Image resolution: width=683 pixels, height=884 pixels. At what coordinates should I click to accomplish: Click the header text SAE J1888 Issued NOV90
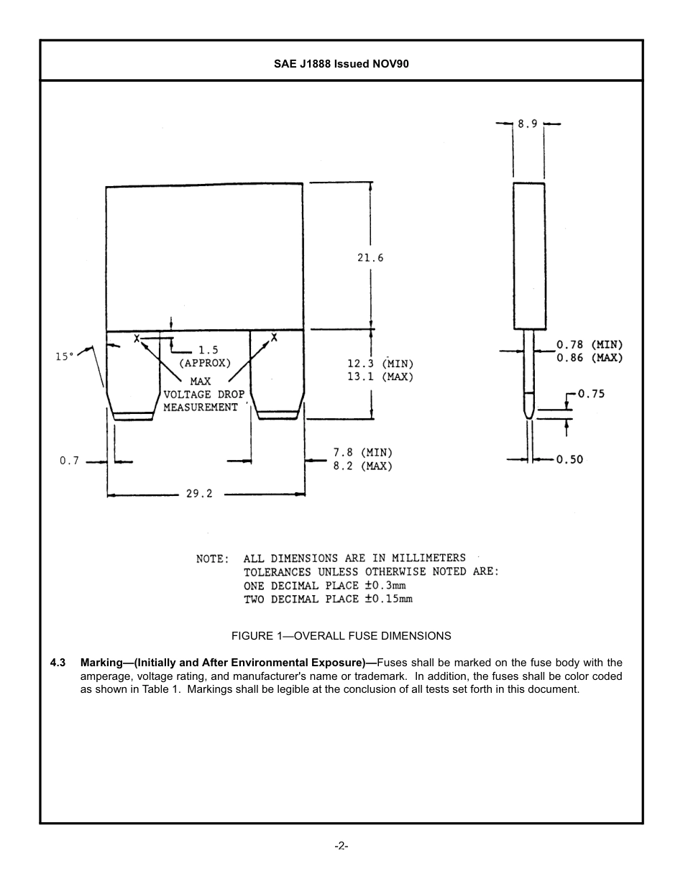(x=341, y=64)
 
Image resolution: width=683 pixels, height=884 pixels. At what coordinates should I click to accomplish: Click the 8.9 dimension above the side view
(x=528, y=124)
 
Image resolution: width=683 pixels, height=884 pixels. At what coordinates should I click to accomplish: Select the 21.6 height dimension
(x=370, y=258)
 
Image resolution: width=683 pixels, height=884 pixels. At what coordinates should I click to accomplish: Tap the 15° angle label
(x=65, y=356)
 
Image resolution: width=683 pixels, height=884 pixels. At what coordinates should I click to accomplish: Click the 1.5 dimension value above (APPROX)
(x=208, y=351)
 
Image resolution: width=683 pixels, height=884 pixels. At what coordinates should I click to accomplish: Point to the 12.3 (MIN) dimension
(x=380, y=364)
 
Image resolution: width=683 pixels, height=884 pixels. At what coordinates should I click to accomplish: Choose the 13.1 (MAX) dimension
(x=380, y=377)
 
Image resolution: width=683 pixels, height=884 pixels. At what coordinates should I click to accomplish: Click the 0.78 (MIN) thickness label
(x=590, y=345)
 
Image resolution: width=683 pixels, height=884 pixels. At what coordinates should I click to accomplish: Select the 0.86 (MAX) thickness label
(x=590, y=358)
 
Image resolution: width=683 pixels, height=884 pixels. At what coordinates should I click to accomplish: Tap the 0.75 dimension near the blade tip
(x=591, y=394)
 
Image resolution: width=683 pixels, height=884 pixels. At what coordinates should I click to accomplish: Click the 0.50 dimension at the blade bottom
(x=569, y=460)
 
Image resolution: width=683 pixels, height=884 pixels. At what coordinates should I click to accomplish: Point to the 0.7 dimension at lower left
(x=69, y=461)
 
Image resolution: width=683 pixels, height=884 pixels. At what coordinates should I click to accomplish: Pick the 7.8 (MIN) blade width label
(x=362, y=453)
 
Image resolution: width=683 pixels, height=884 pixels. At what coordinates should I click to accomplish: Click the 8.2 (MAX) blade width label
(x=362, y=466)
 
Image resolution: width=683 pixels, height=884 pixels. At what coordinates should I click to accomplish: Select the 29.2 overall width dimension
(x=199, y=494)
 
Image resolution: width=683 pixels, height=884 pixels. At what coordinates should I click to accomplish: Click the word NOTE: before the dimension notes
(x=213, y=558)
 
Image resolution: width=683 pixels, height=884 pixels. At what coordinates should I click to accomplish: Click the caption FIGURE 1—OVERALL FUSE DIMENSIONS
(x=341, y=636)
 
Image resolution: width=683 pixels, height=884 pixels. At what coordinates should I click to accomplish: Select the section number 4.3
(x=58, y=663)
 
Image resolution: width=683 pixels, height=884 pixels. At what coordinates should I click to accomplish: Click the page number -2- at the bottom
(x=341, y=846)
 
